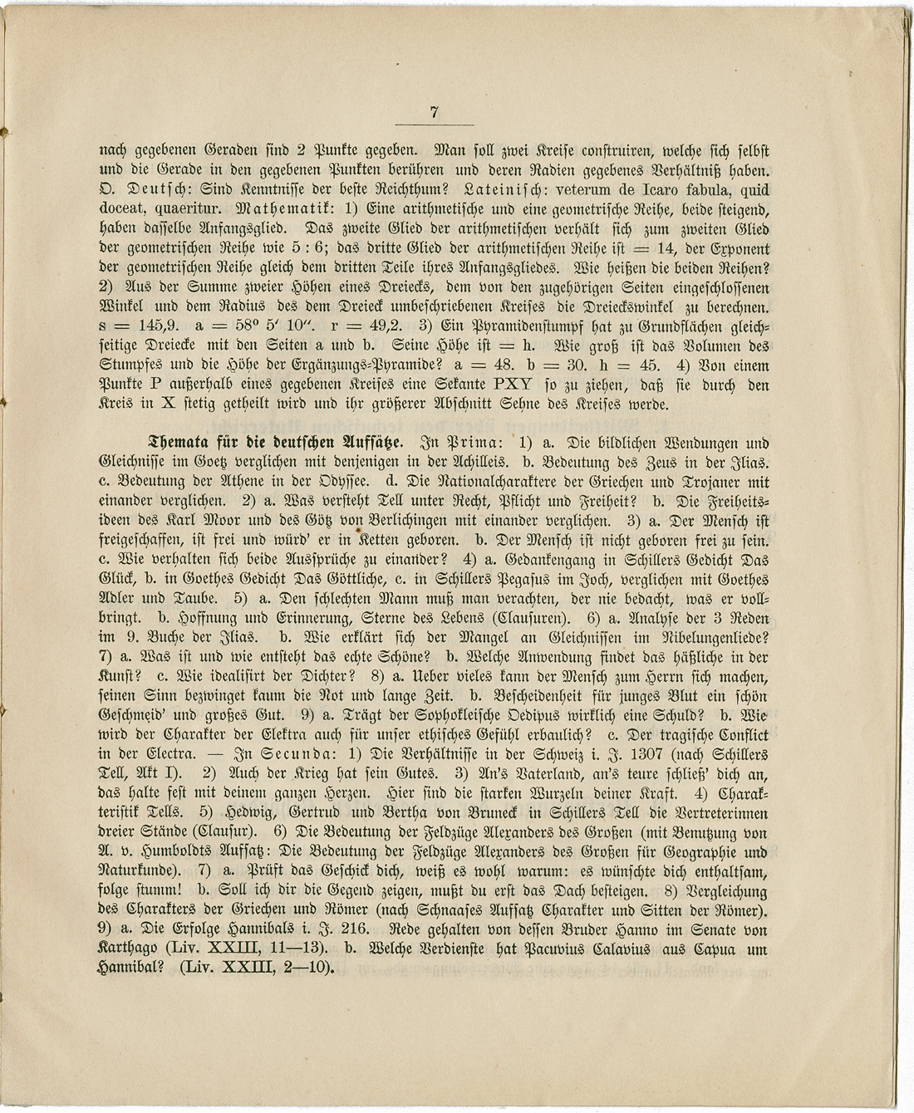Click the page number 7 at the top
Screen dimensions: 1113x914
click(x=435, y=114)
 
